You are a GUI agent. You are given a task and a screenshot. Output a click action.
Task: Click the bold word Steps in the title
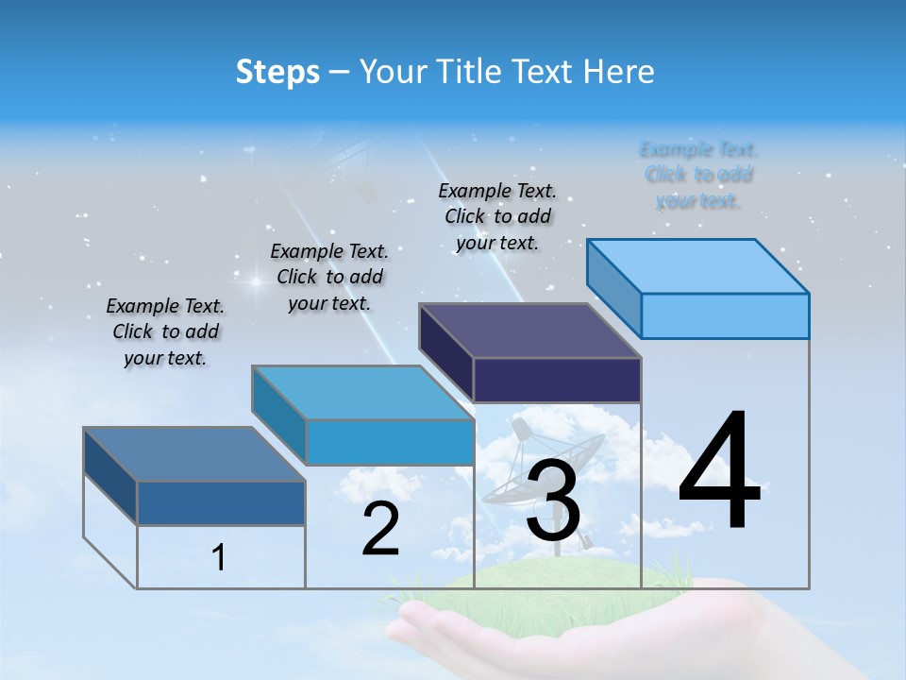click(x=277, y=72)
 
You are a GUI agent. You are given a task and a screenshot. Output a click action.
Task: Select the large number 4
click(x=719, y=472)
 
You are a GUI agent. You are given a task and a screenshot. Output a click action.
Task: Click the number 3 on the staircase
click(x=553, y=502)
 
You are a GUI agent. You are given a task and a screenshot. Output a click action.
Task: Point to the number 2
click(x=381, y=530)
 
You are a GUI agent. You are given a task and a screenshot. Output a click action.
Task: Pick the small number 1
click(x=219, y=558)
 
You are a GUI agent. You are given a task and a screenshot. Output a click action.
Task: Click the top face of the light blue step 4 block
click(x=698, y=266)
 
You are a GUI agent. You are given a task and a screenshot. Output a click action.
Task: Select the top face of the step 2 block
click(x=362, y=393)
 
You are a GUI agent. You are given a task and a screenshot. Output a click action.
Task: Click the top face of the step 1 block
click(x=194, y=454)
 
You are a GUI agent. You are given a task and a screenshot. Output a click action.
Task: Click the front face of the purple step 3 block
click(x=557, y=380)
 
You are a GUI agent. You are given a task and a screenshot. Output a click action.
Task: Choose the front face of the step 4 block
click(x=725, y=315)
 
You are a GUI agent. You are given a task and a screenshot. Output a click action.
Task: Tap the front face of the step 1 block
click(x=221, y=502)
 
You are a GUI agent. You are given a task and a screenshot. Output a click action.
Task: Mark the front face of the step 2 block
click(x=389, y=442)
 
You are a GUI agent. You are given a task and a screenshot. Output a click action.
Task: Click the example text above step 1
click(x=165, y=332)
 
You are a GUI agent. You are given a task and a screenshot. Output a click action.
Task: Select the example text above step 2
click(x=329, y=277)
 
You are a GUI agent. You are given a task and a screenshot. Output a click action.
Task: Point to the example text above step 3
click(x=497, y=216)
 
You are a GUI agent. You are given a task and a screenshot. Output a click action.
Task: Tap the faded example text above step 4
click(x=698, y=175)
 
